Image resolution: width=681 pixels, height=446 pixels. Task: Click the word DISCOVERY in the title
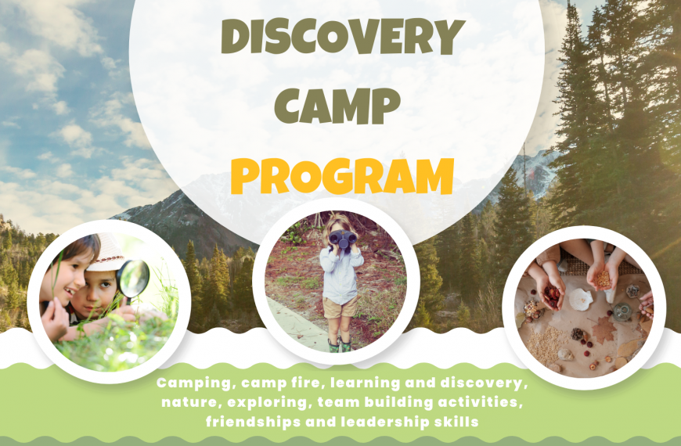343,37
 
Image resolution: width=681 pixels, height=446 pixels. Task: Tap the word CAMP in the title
337,106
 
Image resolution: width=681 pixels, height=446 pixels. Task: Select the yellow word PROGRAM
342,176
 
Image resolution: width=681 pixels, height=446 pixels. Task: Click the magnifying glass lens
133,279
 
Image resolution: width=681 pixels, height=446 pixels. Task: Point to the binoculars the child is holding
343,239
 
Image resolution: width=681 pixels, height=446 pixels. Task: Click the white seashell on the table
581,300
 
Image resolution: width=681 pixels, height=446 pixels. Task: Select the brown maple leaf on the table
604,329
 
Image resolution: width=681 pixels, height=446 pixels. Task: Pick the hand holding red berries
550,294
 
